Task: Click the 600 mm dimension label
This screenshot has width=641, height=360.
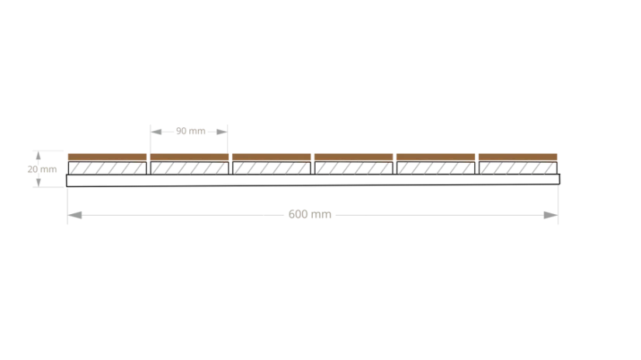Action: pyautogui.click(x=310, y=214)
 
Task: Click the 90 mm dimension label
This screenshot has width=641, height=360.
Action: pyautogui.click(x=190, y=131)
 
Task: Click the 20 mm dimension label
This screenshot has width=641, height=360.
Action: pyautogui.click(x=42, y=169)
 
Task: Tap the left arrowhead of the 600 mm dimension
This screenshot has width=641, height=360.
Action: pyautogui.click(x=74, y=215)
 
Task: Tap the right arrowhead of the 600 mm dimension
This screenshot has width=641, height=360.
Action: pyautogui.click(x=551, y=215)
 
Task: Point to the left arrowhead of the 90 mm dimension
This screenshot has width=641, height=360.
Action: pyautogui.click(x=156, y=132)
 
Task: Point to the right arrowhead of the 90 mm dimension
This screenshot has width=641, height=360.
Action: pyautogui.click(x=222, y=132)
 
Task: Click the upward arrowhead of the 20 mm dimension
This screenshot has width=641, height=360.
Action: pyautogui.click(x=39, y=155)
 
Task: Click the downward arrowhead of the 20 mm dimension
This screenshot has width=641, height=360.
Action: pyautogui.click(x=39, y=182)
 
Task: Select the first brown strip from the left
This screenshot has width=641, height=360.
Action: pyautogui.click(x=107, y=157)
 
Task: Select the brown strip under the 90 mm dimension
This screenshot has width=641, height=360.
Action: pyautogui.click(x=189, y=157)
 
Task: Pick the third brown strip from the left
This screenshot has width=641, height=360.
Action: pyautogui.click(x=272, y=157)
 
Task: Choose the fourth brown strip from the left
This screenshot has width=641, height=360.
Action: pyautogui.click(x=354, y=157)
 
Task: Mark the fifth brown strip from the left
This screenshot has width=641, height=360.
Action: pyautogui.click(x=436, y=157)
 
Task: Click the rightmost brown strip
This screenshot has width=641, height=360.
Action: pyautogui.click(x=518, y=157)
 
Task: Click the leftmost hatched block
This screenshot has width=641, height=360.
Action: pyautogui.click(x=107, y=168)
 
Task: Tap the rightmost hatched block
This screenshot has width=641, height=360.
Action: pyautogui.click(x=518, y=168)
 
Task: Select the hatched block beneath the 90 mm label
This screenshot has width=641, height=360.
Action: pyautogui.click(x=189, y=168)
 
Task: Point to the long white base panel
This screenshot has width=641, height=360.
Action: pyautogui.click(x=314, y=180)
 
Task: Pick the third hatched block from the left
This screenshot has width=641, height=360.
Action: pyautogui.click(x=272, y=168)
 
